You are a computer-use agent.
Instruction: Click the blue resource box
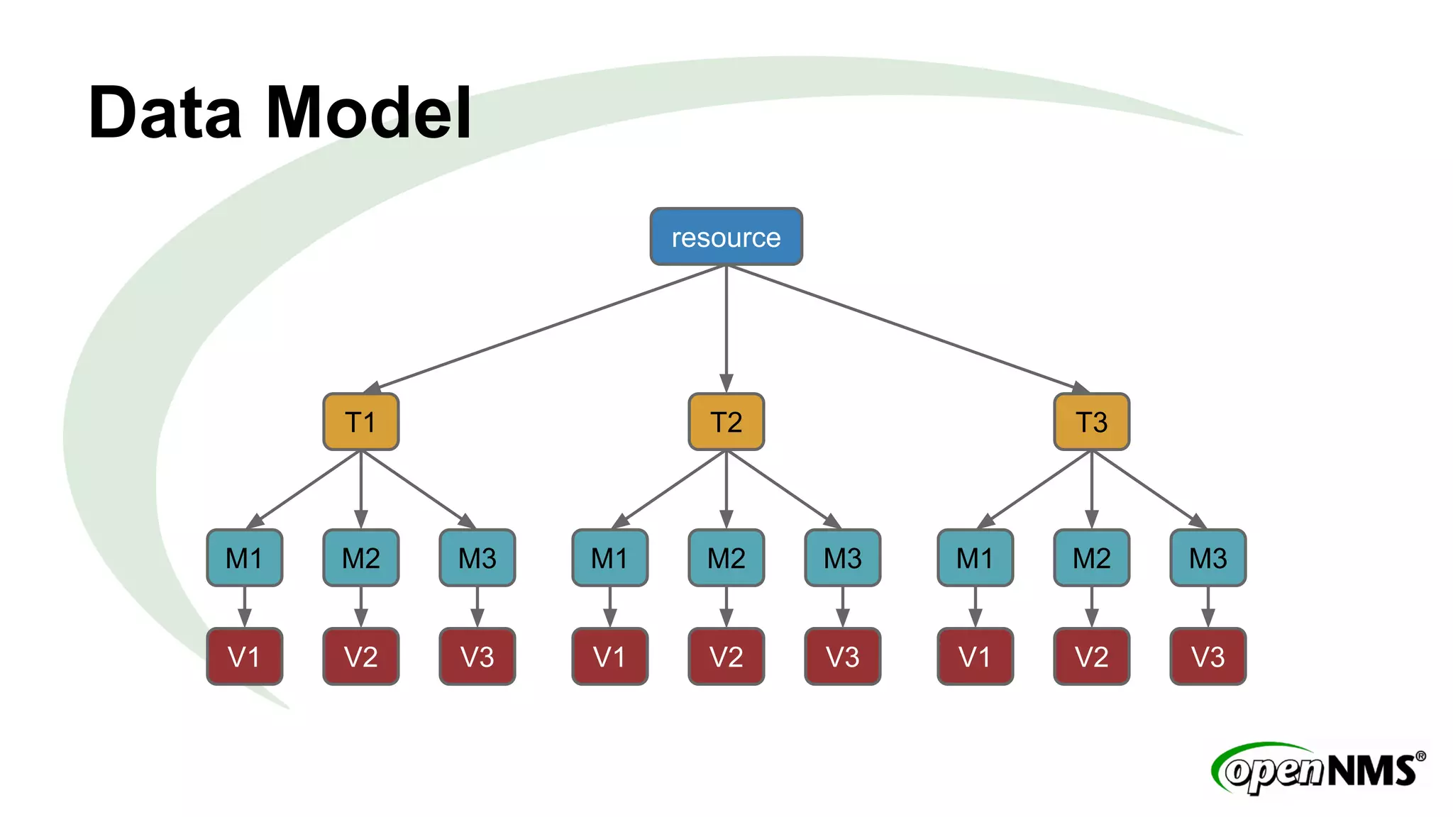pos(726,237)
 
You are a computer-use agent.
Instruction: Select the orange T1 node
pos(360,422)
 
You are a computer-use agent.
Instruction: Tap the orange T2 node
pos(726,422)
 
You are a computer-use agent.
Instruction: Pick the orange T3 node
pos(1091,422)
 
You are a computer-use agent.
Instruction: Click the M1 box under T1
pos(244,558)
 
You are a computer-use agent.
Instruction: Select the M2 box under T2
pos(726,558)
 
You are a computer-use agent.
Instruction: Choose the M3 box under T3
pos(1208,558)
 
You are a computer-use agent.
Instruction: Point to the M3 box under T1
pos(477,558)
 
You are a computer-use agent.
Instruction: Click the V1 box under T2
pos(609,657)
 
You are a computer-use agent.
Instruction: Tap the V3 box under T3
pos(1208,657)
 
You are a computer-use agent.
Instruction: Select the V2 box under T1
pos(360,657)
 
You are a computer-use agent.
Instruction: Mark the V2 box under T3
pos(1091,657)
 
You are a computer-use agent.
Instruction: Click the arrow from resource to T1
pos(546,328)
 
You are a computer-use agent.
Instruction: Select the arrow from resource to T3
pos(908,328)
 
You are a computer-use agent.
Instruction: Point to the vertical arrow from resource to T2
pos(726,326)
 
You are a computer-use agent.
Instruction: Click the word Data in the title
pos(165,113)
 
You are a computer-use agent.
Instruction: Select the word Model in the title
pos(369,113)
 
